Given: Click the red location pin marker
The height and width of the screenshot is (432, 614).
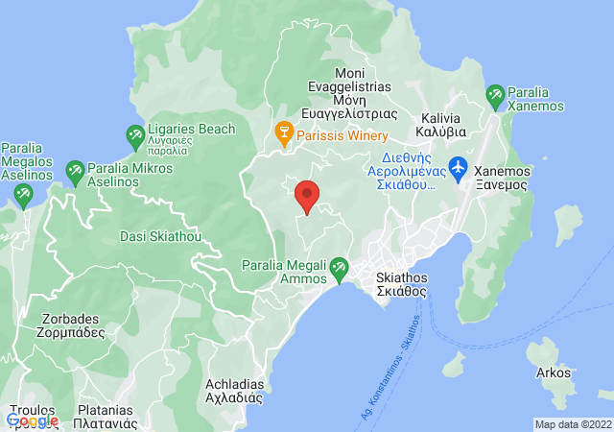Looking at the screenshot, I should [x=307, y=196].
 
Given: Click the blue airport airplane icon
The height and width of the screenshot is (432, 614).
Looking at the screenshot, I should [x=458, y=167].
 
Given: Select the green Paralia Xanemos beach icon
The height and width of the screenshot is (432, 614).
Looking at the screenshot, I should [x=495, y=95].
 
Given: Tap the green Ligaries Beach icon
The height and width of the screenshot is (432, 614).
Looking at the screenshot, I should [x=135, y=135].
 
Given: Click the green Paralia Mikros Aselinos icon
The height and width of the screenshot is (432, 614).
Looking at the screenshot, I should [x=75, y=174].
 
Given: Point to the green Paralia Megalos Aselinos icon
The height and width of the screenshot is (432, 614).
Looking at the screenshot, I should [x=22, y=195].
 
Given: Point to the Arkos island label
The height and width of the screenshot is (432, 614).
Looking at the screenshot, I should [x=554, y=372].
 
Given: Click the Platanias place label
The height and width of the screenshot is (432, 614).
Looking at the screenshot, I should [x=107, y=416].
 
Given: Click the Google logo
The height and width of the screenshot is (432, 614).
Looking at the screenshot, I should [x=32, y=420].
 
